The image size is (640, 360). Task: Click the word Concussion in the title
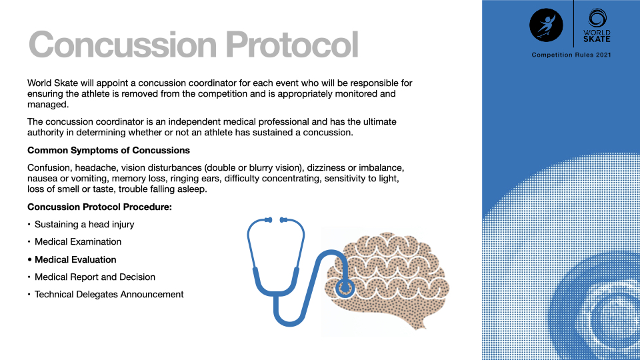tap(123, 45)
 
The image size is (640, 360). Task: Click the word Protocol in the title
tap(292, 45)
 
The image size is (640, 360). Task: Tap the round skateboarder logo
tap(546, 25)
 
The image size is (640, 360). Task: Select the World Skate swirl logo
tap(597, 25)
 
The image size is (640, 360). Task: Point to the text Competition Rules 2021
tap(571, 55)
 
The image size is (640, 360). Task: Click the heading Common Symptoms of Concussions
tap(109, 150)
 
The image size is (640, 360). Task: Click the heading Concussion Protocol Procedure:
tap(99, 207)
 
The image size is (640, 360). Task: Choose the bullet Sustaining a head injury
tap(85, 225)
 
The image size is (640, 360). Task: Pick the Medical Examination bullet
tap(78, 241)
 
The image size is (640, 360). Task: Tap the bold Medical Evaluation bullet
tap(75, 259)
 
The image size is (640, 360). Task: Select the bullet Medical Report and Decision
tap(95, 277)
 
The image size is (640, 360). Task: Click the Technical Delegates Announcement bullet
tap(109, 294)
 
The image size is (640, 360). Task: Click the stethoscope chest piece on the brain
tap(345, 288)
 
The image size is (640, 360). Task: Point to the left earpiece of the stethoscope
tap(268, 220)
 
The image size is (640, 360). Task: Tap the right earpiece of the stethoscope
tap(283, 220)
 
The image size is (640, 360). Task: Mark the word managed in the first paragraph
tap(48, 105)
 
